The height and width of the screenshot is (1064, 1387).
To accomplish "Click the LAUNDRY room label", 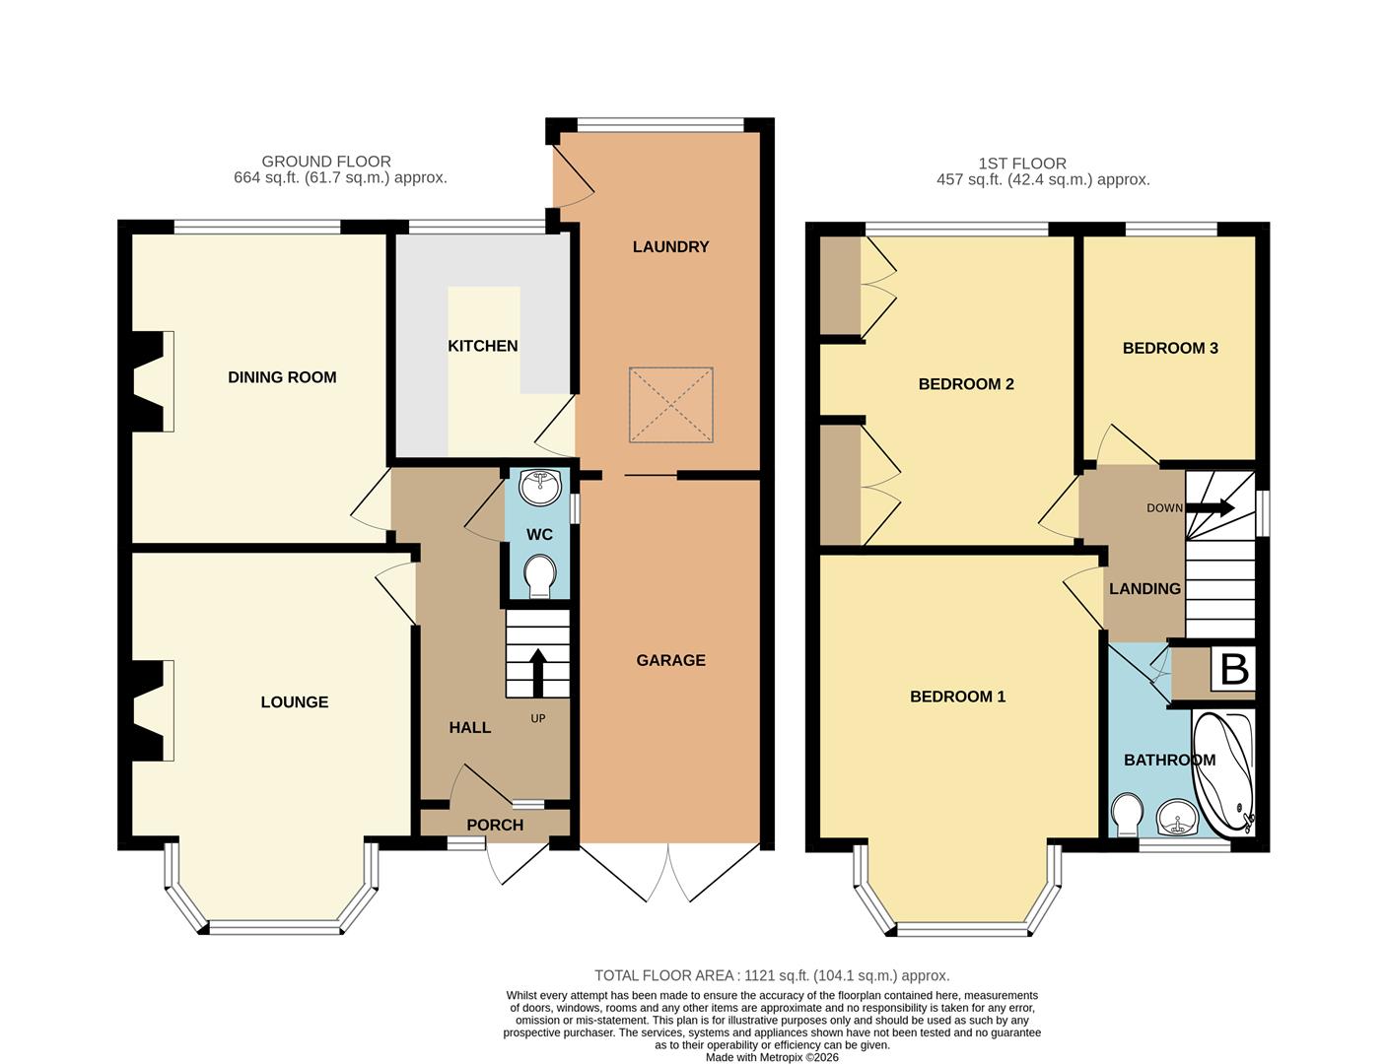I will (670, 246).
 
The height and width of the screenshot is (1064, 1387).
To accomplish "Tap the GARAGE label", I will (670, 660).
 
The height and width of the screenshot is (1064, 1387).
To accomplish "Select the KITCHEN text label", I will (482, 346).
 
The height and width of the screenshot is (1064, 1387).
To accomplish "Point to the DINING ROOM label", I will (282, 377).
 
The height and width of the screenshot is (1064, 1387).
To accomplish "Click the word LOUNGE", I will (294, 702).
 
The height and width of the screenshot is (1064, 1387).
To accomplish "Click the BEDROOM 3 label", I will (1170, 348).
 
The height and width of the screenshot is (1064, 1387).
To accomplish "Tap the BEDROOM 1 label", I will (957, 697).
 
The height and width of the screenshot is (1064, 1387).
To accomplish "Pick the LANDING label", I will (1144, 588).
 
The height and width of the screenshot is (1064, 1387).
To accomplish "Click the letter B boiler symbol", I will (1234, 670).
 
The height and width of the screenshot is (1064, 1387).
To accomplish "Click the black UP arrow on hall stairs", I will (538, 672).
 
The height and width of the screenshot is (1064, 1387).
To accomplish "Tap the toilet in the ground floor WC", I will (539, 576).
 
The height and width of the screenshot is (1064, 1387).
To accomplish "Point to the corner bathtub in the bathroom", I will (1223, 773).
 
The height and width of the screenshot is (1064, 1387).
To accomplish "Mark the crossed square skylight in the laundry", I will (670, 405).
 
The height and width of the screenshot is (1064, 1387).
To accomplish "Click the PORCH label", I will (495, 825).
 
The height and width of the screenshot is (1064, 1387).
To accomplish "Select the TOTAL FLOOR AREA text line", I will (772, 975).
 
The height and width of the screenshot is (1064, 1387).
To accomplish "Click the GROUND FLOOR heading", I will (326, 162).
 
